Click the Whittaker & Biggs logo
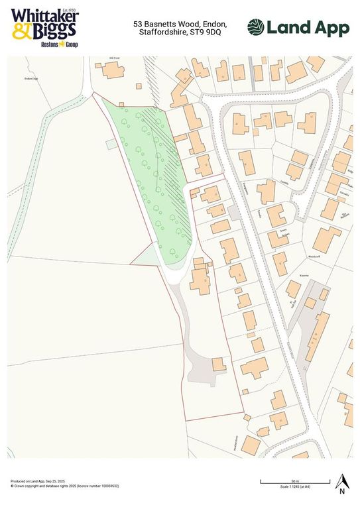click(44, 26)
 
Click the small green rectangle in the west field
click(111, 143)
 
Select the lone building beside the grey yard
click(217, 365)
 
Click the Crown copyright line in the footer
click(65, 486)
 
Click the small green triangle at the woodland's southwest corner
click(147, 254)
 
